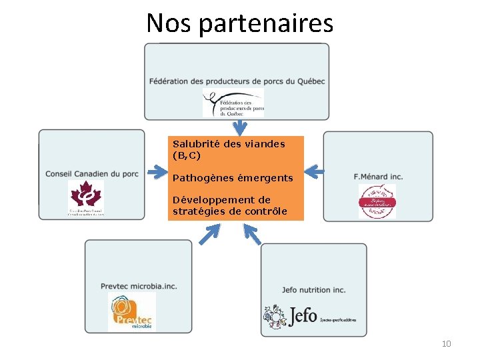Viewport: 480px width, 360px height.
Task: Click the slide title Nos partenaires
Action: (x=239, y=23)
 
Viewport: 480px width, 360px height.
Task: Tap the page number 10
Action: (x=446, y=343)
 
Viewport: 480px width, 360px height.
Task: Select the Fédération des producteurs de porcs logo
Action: (x=233, y=103)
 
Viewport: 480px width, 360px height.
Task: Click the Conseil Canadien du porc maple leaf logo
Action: (x=86, y=198)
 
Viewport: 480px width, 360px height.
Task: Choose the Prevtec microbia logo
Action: (x=131, y=312)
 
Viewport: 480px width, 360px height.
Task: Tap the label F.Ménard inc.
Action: (x=378, y=176)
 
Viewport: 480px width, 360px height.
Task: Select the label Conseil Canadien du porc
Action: (x=92, y=174)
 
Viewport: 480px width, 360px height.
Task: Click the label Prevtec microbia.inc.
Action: (x=139, y=286)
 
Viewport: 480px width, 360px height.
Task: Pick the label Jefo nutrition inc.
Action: (x=313, y=290)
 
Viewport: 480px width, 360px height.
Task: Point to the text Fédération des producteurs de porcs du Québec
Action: (x=237, y=81)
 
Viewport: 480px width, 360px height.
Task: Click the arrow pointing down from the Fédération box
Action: (x=239, y=126)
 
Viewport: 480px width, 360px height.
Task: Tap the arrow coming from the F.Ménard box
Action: (x=314, y=171)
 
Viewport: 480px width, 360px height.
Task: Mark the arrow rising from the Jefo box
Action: (x=252, y=233)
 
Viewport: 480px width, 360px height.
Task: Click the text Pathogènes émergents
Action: (x=233, y=178)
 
